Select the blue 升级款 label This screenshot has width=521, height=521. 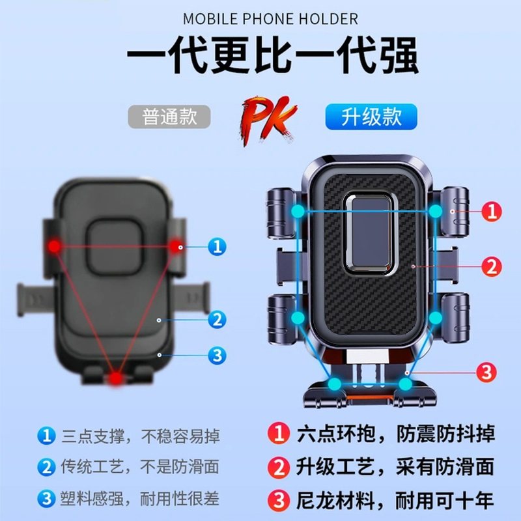tap(371, 117)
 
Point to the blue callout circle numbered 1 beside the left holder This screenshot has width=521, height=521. tap(217, 246)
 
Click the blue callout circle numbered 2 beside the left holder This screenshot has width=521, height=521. tap(217, 320)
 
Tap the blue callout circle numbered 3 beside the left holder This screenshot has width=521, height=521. tap(217, 355)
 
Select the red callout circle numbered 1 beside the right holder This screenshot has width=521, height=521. tap(492, 211)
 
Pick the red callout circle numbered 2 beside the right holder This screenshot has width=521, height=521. tap(492, 266)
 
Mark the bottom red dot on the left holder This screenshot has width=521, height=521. tap(116, 378)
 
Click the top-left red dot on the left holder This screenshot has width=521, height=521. tap(54, 246)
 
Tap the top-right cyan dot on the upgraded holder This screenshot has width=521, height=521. tap(436, 211)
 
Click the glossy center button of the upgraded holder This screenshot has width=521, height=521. tap(369, 231)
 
